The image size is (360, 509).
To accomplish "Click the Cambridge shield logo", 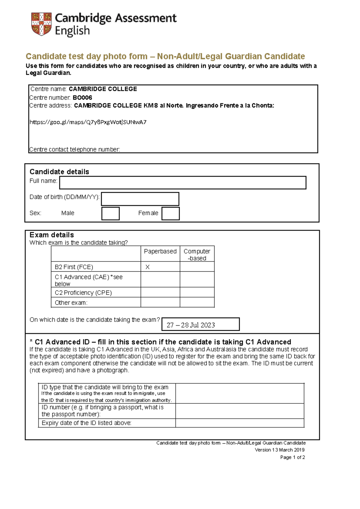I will [41, 24].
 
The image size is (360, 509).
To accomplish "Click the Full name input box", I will [182, 183].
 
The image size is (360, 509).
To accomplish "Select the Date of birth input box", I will [140, 199].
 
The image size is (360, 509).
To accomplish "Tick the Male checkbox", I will [110, 213].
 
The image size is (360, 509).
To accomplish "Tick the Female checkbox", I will [170, 213].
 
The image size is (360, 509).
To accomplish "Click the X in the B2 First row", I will [147, 267].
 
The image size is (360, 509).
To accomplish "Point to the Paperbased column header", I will [160, 251].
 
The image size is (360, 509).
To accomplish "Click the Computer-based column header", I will [197, 254].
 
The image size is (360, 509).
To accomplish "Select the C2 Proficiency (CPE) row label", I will [83, 293].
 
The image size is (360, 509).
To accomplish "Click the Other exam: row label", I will [71, 303].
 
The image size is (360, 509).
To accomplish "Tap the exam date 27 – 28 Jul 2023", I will [191, 325].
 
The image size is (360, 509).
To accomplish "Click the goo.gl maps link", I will [88, 122].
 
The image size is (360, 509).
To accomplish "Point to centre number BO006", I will [82, 98].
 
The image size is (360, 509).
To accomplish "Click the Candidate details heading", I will [59, 172].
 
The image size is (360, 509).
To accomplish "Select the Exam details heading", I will [52, 235].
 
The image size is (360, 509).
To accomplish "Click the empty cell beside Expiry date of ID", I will [240, 423].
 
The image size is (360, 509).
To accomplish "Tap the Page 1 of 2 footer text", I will [292, 457].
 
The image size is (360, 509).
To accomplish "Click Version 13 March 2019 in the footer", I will [280, 450].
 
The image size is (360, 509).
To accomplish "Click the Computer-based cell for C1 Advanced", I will [197, 279].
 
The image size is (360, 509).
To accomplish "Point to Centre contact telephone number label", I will [75, 149].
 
